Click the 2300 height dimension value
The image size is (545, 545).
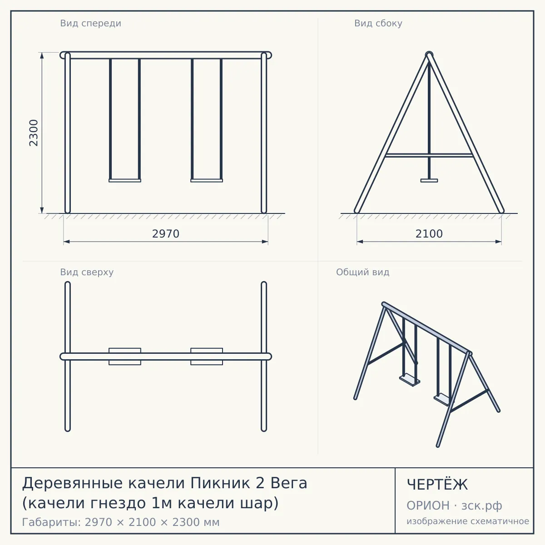34,133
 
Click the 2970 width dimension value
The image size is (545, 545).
166,234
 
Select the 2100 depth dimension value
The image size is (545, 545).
429,234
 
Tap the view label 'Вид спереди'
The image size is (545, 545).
90,23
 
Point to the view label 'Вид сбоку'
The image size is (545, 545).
378,23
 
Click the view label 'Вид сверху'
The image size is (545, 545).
87,272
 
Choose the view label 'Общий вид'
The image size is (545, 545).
362,272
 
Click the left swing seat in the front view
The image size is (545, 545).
125,180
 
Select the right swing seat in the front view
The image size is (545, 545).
207,180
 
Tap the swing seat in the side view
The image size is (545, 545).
429,180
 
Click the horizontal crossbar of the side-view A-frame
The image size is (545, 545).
429,155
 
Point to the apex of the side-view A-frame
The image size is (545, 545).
429,54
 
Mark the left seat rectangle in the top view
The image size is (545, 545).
125,357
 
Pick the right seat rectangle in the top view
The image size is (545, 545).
207,357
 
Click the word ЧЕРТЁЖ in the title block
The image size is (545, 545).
437,485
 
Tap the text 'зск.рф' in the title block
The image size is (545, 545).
482,505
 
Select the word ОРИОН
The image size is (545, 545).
428,505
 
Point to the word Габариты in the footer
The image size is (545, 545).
52,522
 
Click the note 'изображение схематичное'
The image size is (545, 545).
468,521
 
